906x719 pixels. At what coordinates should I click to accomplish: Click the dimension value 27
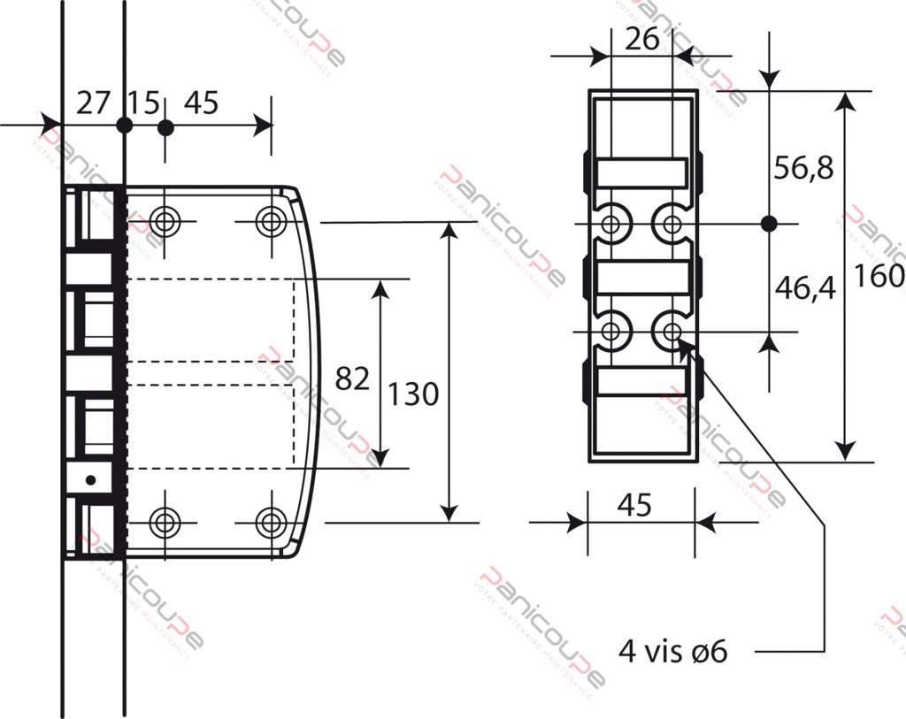click(92, 103)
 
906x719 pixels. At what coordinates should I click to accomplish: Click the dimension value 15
click(143, 103)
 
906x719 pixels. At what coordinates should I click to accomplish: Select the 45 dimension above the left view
click(201, 103)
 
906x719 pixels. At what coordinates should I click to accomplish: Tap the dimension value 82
click(351, 379)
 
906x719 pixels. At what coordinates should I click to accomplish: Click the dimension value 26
click(642, 39)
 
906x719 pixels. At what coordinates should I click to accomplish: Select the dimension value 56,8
click(803, 168)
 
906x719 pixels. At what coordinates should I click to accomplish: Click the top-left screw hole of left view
click(164, 220)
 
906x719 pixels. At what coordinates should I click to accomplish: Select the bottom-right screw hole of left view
click(271, 522)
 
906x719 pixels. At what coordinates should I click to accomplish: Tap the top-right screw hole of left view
click(271, 220)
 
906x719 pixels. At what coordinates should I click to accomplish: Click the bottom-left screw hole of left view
click(164, 522)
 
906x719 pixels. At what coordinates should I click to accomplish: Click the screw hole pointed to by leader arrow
click(671, 332)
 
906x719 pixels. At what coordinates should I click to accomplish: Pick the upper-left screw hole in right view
click(610, 223)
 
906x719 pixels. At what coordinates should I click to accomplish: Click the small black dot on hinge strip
click(89, 479)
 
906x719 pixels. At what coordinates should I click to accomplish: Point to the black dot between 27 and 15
click(124, 125)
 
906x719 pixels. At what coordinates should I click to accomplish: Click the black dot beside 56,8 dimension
click(768, 223)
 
